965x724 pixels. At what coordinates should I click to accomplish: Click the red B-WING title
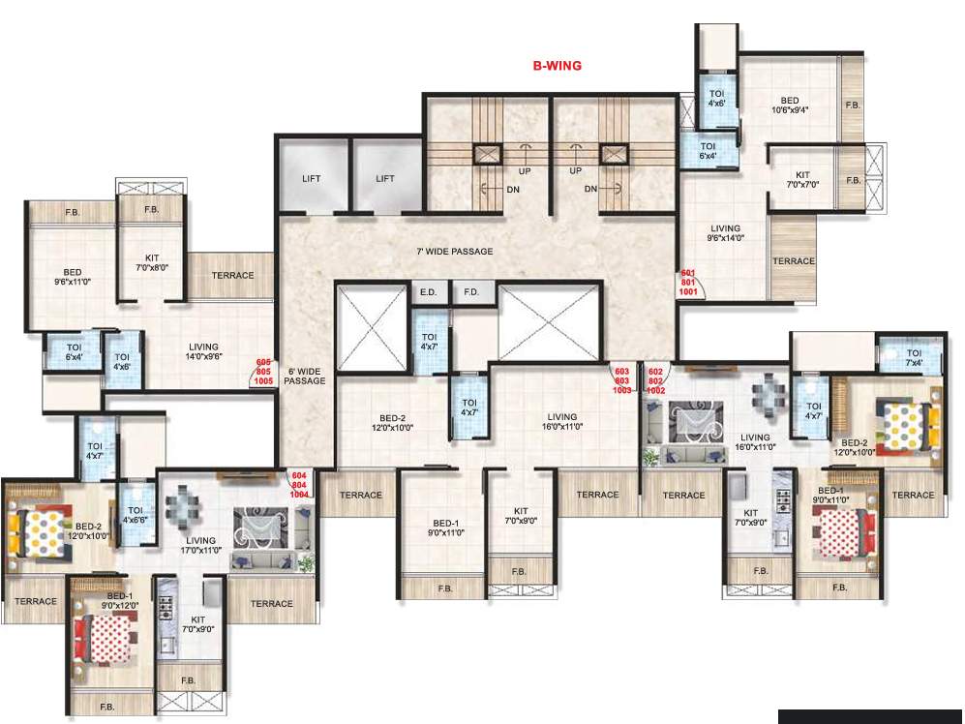click(557, 66)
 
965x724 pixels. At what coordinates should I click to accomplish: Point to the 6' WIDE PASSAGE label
click(305, 376)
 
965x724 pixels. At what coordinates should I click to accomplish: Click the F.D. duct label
click(471, 291)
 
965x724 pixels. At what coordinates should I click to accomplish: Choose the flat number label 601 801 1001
click(688, 283)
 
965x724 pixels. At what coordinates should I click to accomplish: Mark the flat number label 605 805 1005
click(263, 372)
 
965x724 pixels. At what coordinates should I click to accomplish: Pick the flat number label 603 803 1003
click(621, 379)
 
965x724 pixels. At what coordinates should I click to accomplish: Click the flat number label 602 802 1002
click(655, 379)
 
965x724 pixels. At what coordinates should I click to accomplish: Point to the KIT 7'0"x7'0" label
click(802, 180)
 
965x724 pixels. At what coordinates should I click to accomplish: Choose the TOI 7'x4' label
click(915, 358)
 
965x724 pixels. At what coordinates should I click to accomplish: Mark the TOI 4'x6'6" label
click(135, 515)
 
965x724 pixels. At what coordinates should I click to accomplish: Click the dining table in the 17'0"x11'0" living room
click(182, 507)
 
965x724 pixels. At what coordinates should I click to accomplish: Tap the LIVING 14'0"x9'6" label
click(204, 351)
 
